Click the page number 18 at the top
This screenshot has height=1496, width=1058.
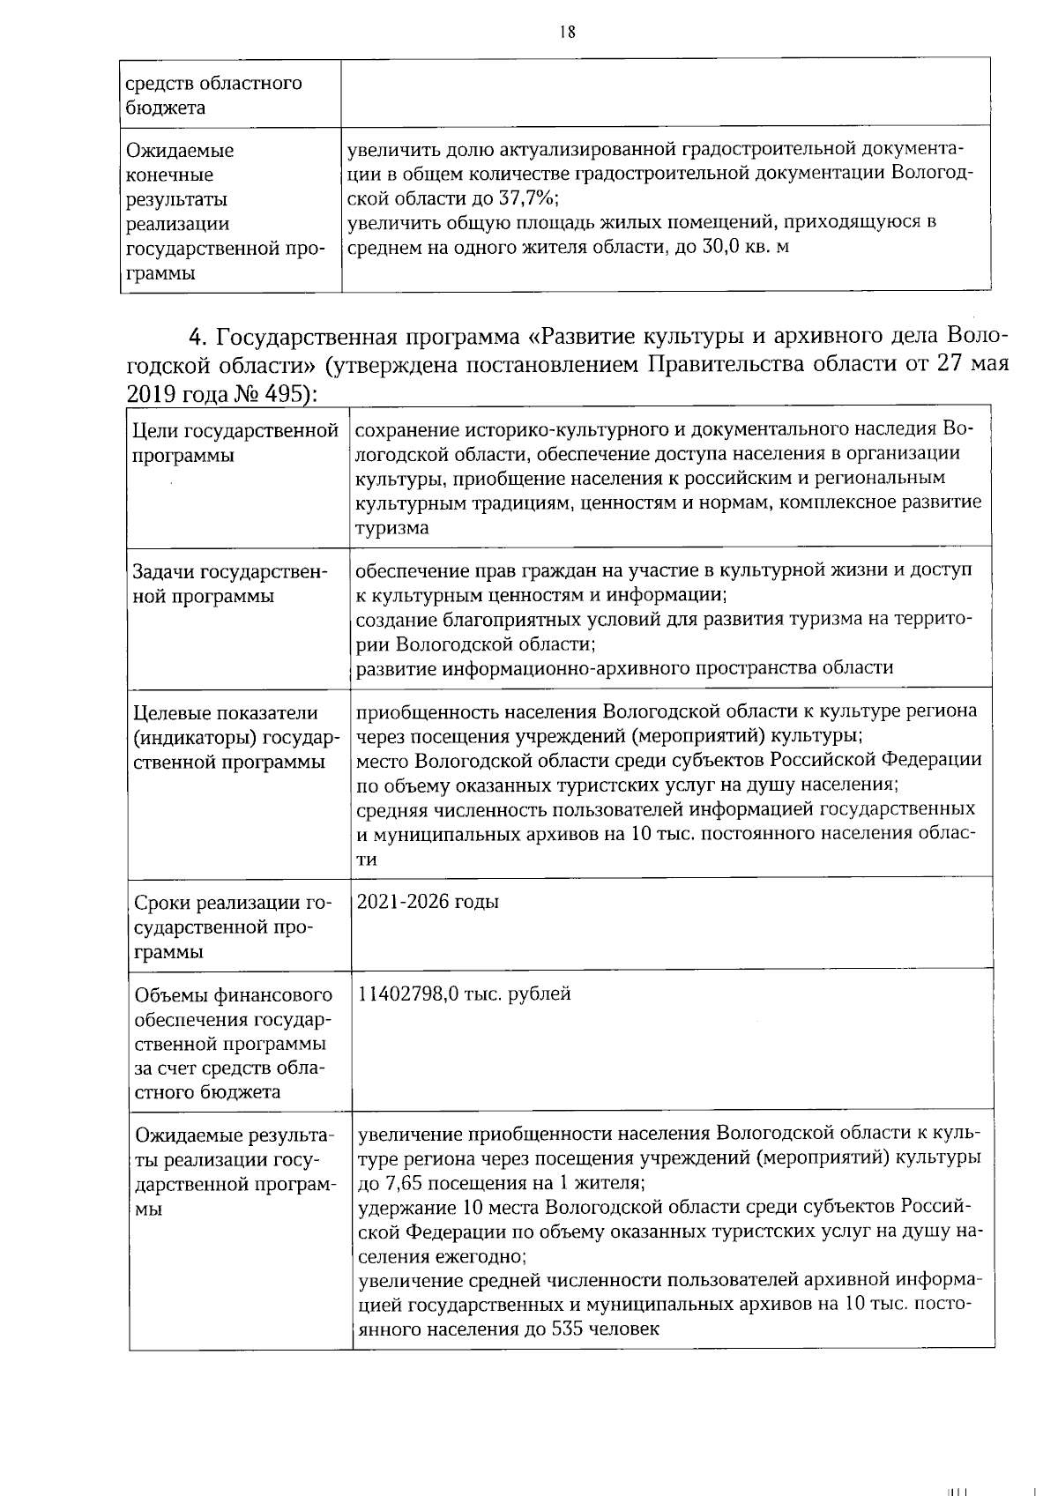(567, 32)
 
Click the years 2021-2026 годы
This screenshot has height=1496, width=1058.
(428, 902)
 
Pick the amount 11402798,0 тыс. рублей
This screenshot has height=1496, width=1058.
(465, 994)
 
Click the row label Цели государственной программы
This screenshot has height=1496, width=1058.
(235, 443)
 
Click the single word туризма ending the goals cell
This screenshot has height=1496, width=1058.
(392, 529)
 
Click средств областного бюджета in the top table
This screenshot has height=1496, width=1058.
(214, 95)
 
